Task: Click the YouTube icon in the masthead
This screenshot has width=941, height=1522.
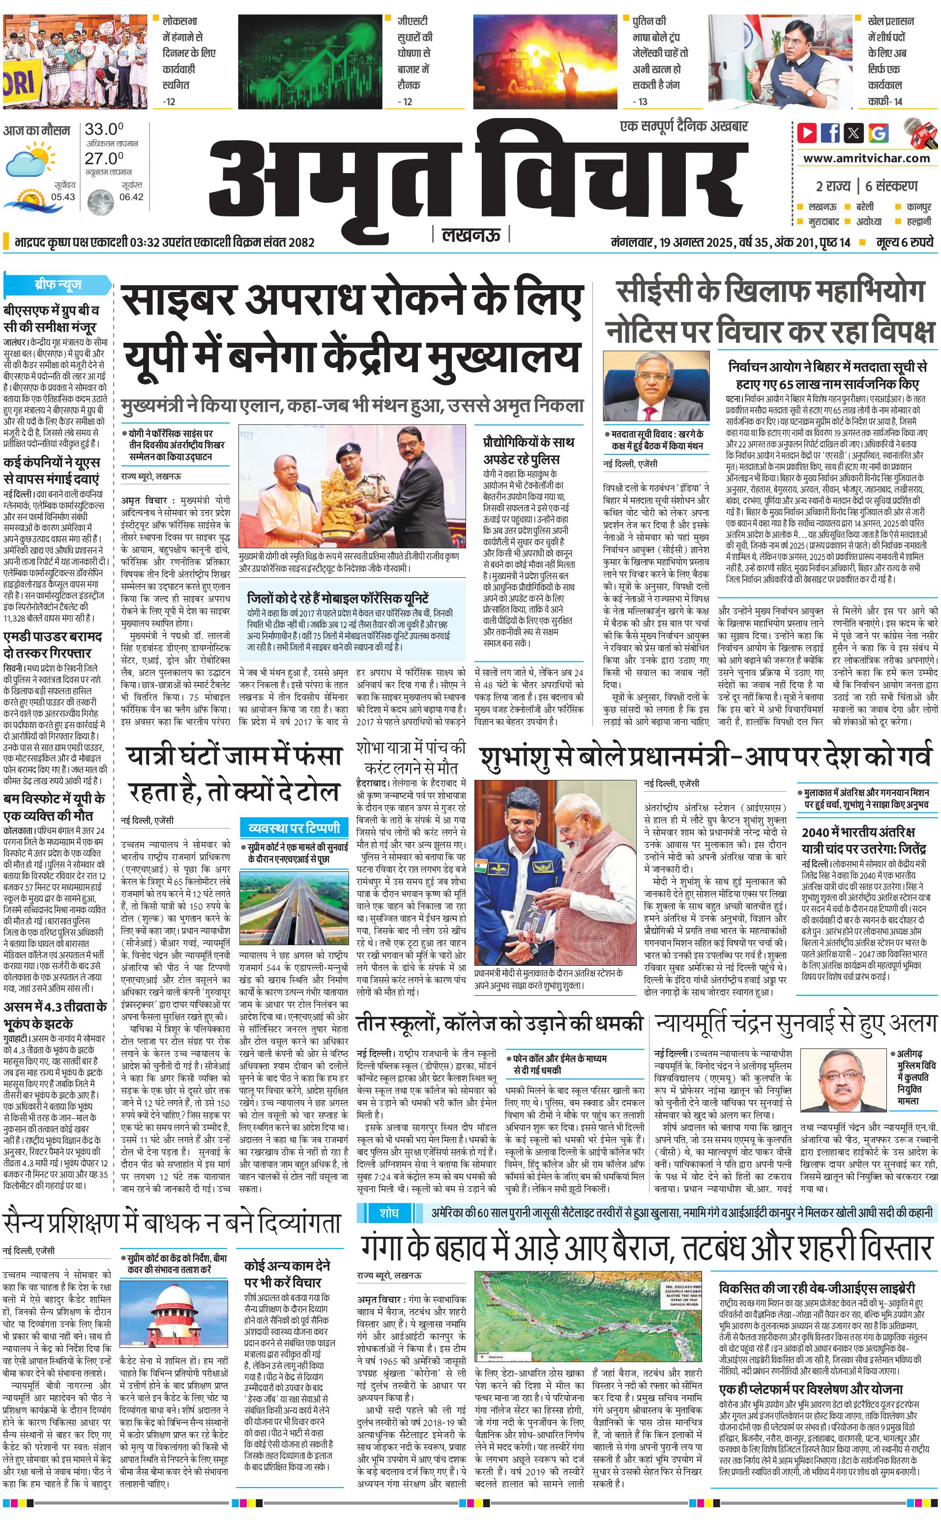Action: pos(807,133)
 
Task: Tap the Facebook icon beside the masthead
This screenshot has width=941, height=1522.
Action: pos(830,133)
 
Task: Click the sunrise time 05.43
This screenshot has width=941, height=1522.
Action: pos(63,197)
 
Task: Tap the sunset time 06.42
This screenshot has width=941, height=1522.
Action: pos(131,197)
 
